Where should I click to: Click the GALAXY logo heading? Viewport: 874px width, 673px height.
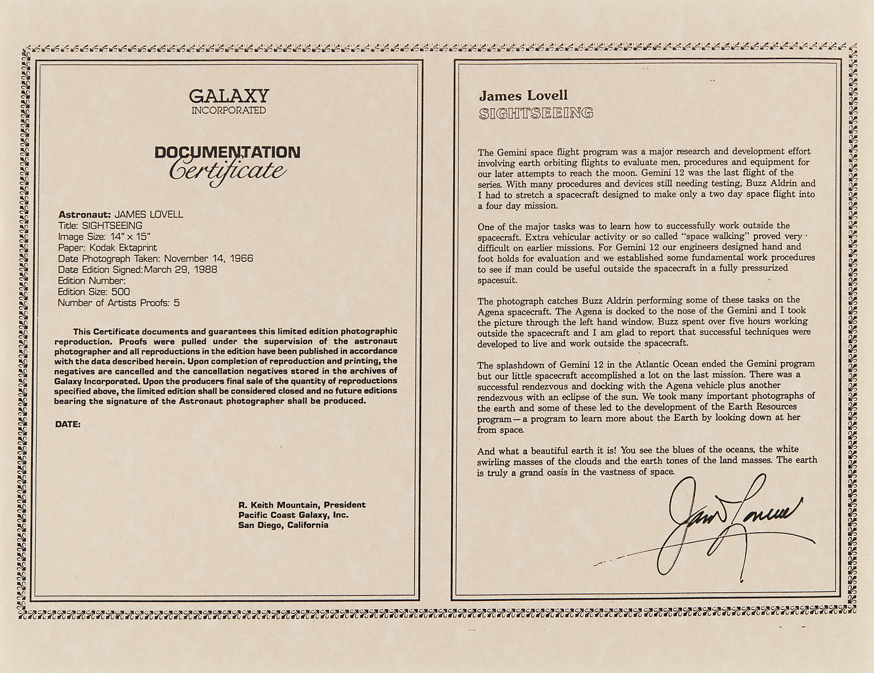pyautogui.click(x=229, y=96)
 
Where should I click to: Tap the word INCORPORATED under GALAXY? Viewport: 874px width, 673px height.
pyautogui.click(x=229, y=111)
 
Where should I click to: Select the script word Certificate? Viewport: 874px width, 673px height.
pyautogui.click(x=228, y=171)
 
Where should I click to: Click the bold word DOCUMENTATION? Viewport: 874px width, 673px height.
pyautogui.click(x=228, y=153)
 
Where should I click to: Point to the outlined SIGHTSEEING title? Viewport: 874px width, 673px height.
pyautogui.click(x=536, y=114)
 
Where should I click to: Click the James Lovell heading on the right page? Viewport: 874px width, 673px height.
pyautogui.click(x=523, y=96)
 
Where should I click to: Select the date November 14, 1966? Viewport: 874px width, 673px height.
pyautogui.click(x=208, y=258)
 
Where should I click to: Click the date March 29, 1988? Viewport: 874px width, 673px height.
pyautogui.click(x=180, y=269)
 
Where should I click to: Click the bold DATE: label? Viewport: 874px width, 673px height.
pyautogui.click(x=68, y=424)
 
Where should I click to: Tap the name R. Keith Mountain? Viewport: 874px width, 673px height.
pyautogui.click(x=280, y=505)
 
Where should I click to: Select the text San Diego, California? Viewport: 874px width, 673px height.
pyautogui.click(x=283, y=525)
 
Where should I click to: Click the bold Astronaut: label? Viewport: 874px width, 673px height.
pyautogui.click(x=85, y=215)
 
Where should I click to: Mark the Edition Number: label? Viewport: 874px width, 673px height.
pyautogui.click(x=92, y=281)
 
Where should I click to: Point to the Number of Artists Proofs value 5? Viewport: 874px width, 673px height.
pyautogui.click(x=177, y=303)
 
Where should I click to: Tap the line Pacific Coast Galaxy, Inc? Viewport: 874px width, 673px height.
pyautogui.click(x=293, y=515)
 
